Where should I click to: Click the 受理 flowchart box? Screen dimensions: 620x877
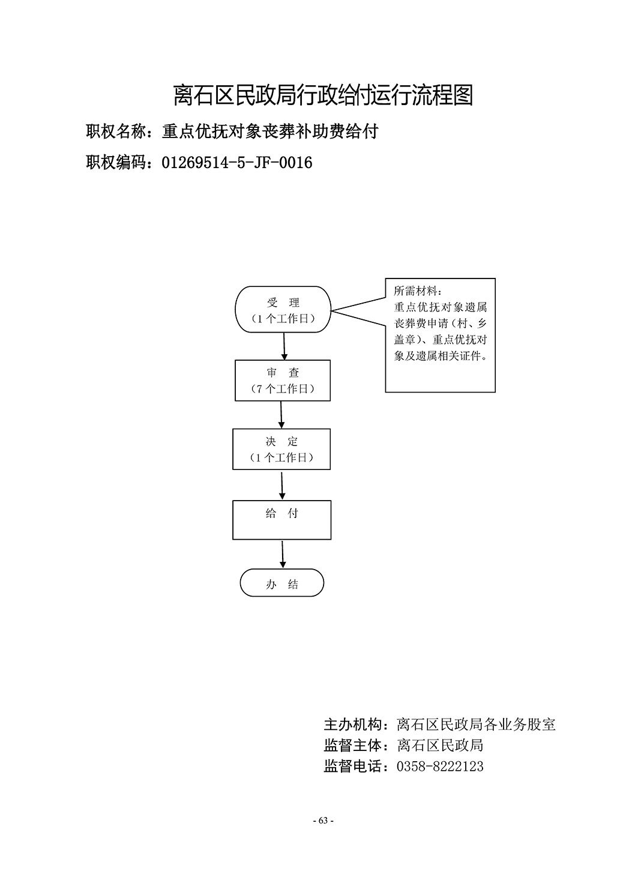(x=283, y=309)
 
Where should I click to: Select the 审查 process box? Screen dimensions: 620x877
(x=283, y=381)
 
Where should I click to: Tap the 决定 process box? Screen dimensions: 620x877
(x=281, y=449)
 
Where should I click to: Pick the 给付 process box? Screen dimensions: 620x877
(x=282, y=520)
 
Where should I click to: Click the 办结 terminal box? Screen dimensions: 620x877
(x=282, y=583)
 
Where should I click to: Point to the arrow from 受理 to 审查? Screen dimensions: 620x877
(x=284, y=346)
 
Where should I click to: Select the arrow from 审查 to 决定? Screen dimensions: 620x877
(x=281, y=415)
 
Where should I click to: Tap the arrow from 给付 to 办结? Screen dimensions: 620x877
(x=282, y=555)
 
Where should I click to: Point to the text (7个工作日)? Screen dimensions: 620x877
(x=283, y=389)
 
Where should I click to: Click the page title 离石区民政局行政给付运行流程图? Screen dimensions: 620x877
(x=324, y=95)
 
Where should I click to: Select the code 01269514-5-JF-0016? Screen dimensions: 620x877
(x=237, y=163)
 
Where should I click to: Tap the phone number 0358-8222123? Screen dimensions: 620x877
(x=440, y=766)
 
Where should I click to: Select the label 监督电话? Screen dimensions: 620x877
(x=353, y=766)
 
